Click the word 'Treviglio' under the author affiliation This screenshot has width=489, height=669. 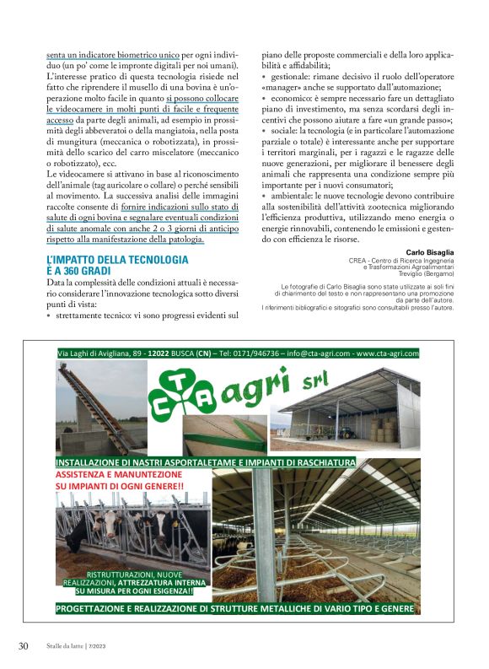(x=397, y=275)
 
